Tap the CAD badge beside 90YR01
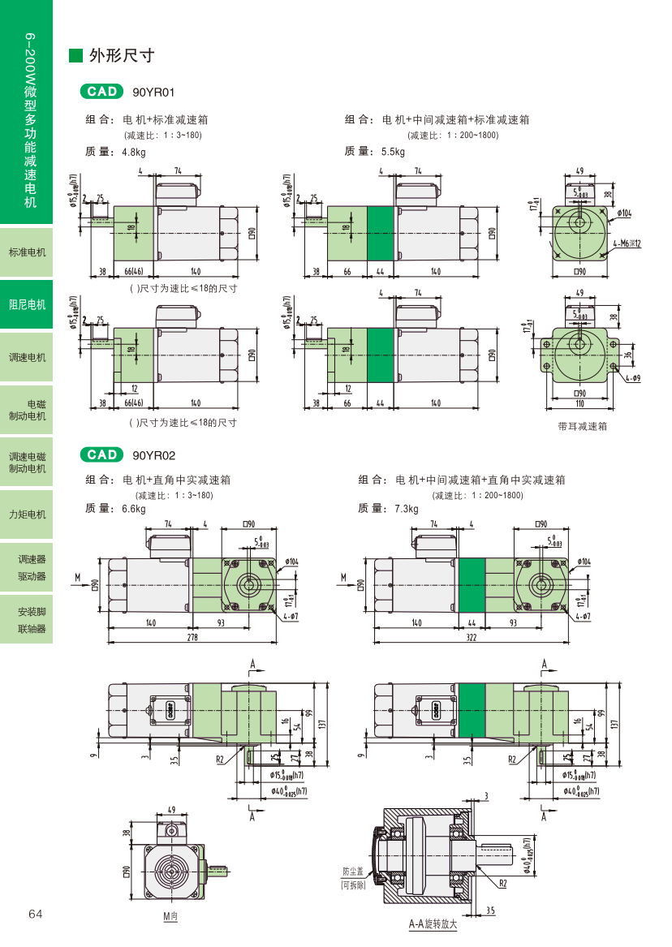click(101, 92)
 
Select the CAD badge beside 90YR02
click(101, 454)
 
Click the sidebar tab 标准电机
click(27, 252)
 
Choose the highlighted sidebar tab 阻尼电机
click(27, 304)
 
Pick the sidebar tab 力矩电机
click(27, 514)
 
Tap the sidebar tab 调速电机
click(27, 357)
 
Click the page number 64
click(35, 914)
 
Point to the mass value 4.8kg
click(133, 152)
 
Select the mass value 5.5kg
click(392, 152)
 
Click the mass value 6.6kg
click(133, 509)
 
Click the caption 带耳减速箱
click(582, 426)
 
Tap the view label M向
click(170, 916)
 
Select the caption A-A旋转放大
click(433, 924)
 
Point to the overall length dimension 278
click(192, 638)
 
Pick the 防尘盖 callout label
click(353, 872)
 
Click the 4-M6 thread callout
click(627, 243)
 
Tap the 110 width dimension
click(579, 403)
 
